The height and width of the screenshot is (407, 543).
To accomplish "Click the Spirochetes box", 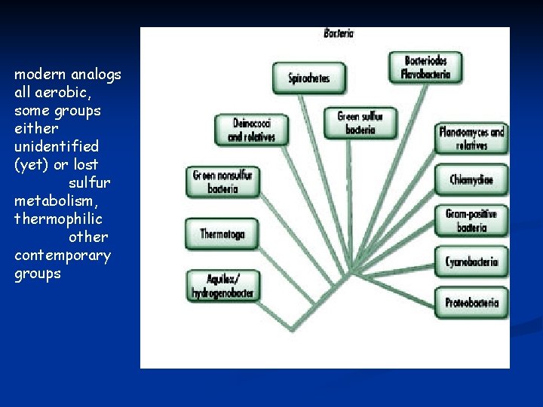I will click(309, 78).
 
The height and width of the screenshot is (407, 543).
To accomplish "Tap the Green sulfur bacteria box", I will click(360, 123).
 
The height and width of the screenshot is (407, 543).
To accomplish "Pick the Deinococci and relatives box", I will click(251, 129).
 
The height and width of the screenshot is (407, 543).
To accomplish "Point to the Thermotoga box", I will click(222, 234).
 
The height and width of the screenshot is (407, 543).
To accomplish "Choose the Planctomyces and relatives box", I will click(471, 139).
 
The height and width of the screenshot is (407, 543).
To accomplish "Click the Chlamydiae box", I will click(471, 179).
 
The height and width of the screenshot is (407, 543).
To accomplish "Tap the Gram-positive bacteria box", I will click(471, 220).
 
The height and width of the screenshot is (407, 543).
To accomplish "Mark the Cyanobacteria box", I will click(471, 262).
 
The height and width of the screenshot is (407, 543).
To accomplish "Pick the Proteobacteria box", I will click(471, 302).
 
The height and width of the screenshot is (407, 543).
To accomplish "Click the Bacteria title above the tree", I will click(339, 33).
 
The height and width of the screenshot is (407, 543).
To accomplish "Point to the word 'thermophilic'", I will click(58, 219).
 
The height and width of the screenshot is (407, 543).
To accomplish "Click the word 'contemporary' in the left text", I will click(62, 256).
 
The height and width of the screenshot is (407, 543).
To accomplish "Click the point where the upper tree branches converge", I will click(351, 270).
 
